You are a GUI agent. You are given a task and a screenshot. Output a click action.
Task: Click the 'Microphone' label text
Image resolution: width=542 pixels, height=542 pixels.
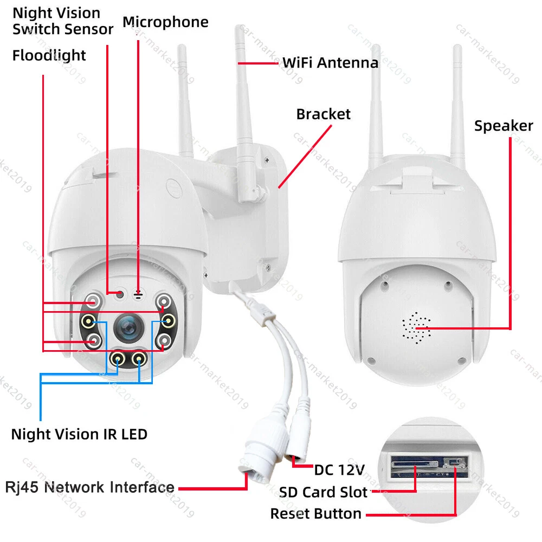pyautogui.click(x=165, y=22)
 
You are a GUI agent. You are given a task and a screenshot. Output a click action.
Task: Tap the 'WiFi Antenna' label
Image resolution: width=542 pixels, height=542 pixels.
pyautogui.click(x=330, y=63)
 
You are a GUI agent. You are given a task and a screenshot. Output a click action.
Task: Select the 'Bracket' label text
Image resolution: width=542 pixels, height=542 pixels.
pyautogui.click(x=323, y=114)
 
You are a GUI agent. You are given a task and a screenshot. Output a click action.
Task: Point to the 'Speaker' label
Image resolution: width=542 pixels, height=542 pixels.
pyautogui.click(x=504, y=126)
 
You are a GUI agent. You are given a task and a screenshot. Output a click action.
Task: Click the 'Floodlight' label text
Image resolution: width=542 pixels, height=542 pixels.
pyautogui.click(x=49, y=55)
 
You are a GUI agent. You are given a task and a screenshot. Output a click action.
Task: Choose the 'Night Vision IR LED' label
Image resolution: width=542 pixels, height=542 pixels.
pyautogui.click(x=79, y=434)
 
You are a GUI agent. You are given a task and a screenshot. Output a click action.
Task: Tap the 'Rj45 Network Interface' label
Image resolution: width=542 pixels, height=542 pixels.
pyautogui.click(x=90, y=487)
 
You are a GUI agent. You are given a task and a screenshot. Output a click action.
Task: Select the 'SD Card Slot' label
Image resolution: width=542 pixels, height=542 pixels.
pyautogui.click(x=323, y=493)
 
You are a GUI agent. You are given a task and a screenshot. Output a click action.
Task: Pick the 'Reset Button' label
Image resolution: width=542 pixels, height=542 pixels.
pyautogui.click(x=315, y=513)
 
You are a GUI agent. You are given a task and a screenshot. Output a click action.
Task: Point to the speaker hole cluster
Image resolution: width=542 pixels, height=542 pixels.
pyautogui.click(x=416, y=327)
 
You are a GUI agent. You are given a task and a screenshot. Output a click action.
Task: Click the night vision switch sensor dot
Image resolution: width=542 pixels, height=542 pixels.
pyautogui.click(x=120, y=294)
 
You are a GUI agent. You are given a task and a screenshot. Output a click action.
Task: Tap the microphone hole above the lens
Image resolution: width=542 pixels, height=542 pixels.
pyautogui.click(x=138, y=294)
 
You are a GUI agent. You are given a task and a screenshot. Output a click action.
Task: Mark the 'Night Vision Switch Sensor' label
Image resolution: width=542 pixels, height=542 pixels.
pyautogui.click(x=63, y=21)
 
